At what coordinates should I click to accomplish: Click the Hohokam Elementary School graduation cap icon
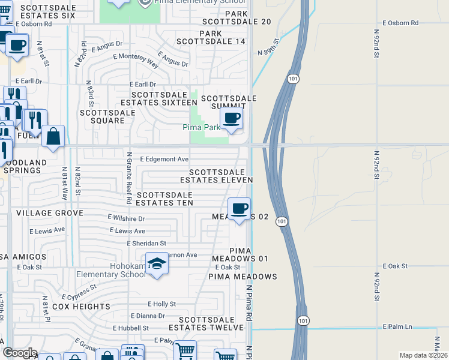(157, 265)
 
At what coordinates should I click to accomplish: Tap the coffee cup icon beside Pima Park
(232, 118)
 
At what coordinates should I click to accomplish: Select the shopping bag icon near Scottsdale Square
(53, 136)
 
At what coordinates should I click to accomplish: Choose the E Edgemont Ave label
(164, 160)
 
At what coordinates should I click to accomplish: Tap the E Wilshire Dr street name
(126, 218)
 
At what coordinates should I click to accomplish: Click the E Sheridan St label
(146, 243)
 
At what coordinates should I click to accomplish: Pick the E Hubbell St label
(130, 328)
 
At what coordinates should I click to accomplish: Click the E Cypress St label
(79, 292)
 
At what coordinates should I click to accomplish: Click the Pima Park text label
(201, 127)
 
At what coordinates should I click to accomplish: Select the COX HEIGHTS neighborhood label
(81, 307)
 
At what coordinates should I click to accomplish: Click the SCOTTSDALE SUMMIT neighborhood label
(229, 103)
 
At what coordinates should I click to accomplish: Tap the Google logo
(19, 353)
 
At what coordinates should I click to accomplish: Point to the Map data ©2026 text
(424, 355)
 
